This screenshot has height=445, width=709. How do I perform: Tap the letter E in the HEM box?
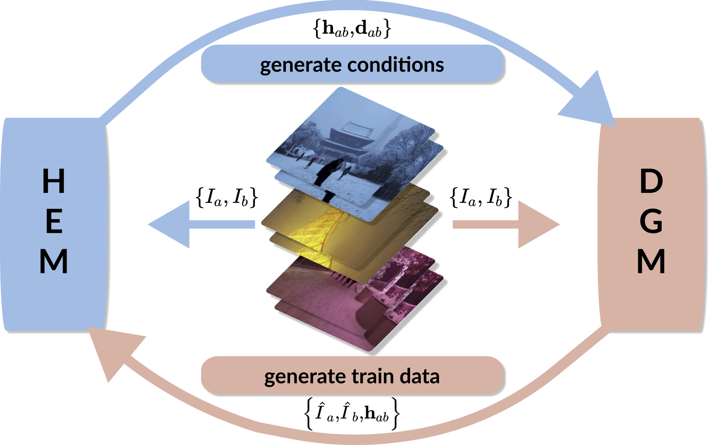coord(54,221)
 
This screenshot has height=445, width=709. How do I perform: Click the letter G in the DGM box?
coord(651,221)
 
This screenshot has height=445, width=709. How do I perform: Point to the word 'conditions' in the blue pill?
coord(395,65)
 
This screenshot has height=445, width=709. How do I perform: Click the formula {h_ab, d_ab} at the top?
coord(352,29)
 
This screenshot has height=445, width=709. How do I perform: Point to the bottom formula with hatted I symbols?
coord(352,414)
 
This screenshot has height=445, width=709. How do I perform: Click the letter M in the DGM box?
coord(651,261)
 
